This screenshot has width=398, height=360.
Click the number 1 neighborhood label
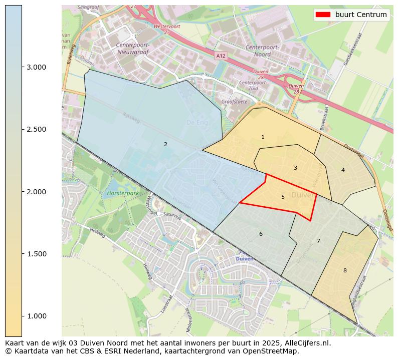tap(263, 137)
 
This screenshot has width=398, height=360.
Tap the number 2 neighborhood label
tap(165, 144)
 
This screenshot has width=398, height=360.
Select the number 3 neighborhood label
tap(295, 168)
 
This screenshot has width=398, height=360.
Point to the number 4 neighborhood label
tap(343, 170)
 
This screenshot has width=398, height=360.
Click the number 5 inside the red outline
tap(283, 197)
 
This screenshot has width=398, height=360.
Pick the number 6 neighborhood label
tap(261, 234)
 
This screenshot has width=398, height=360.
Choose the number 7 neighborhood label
tap(318, 241)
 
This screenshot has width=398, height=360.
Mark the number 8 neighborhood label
tap(345, 270)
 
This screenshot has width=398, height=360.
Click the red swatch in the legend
tap(323, 15)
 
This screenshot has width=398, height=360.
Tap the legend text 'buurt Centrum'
tap(361, 15)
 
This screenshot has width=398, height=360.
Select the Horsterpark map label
tap(122, 193)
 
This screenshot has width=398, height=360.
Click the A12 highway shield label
tap(221, 56)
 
